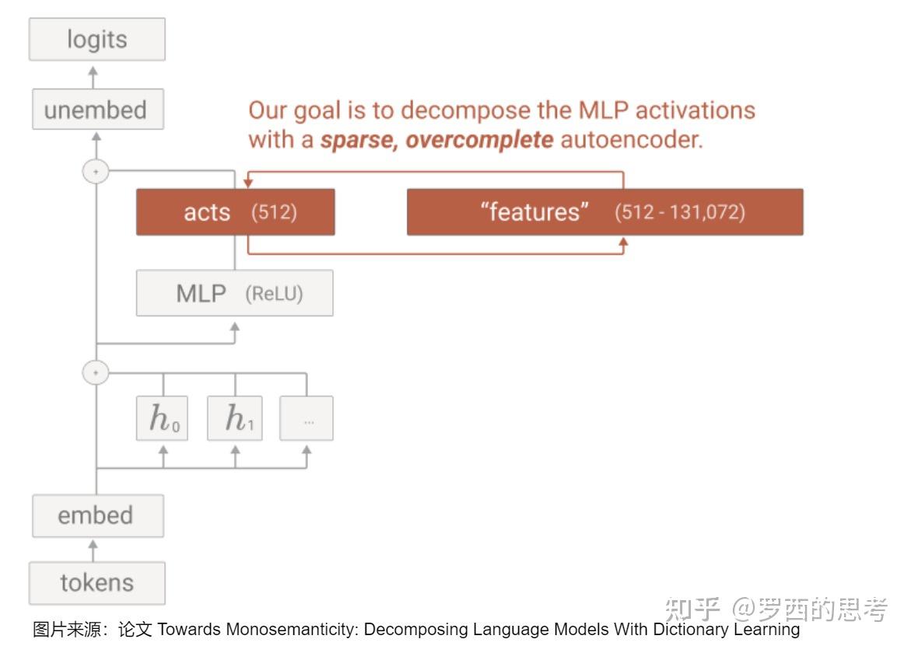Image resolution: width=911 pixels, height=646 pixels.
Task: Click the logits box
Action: (97, 40)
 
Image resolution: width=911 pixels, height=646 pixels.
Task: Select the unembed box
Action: (97, 109)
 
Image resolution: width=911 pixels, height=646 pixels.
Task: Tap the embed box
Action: (97, 515)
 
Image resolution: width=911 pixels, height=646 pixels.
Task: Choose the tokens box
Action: (97, 583)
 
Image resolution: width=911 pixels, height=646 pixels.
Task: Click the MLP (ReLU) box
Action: (235, 293)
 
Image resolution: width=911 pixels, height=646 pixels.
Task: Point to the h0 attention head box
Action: (162, 418)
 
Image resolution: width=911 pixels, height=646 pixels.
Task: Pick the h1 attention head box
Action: (235, 418)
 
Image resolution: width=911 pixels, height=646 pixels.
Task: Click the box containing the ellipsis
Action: (307, 418)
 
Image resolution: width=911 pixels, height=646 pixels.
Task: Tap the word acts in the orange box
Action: (207, 212)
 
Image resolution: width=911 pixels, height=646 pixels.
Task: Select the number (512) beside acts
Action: (274, 212)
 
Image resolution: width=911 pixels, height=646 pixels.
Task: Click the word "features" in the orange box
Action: (534, 212)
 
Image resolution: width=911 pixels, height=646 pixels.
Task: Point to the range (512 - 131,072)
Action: (680, 212)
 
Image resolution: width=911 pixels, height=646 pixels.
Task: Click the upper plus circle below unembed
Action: (96, 172)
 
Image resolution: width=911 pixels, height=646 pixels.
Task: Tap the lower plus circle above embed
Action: (96, 372)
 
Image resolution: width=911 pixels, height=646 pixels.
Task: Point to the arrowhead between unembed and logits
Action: (93, 72)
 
